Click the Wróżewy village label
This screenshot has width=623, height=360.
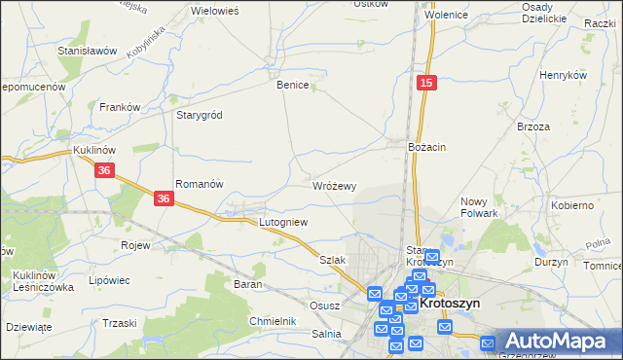335,185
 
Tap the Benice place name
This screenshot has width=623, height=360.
293,85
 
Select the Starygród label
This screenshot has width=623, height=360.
199,115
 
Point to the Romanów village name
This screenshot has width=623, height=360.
200,184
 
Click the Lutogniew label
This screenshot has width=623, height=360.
283,222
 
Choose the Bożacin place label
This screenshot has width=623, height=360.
426,146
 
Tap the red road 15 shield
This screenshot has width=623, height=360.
427,85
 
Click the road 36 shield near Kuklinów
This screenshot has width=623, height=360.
106,170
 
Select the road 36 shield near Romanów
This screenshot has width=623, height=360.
165,198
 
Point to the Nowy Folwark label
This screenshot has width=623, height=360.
479,206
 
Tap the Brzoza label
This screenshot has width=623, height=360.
534,126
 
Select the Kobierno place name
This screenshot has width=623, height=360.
572,205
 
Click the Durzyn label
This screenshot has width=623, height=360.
551,263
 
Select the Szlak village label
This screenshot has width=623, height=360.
333,260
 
